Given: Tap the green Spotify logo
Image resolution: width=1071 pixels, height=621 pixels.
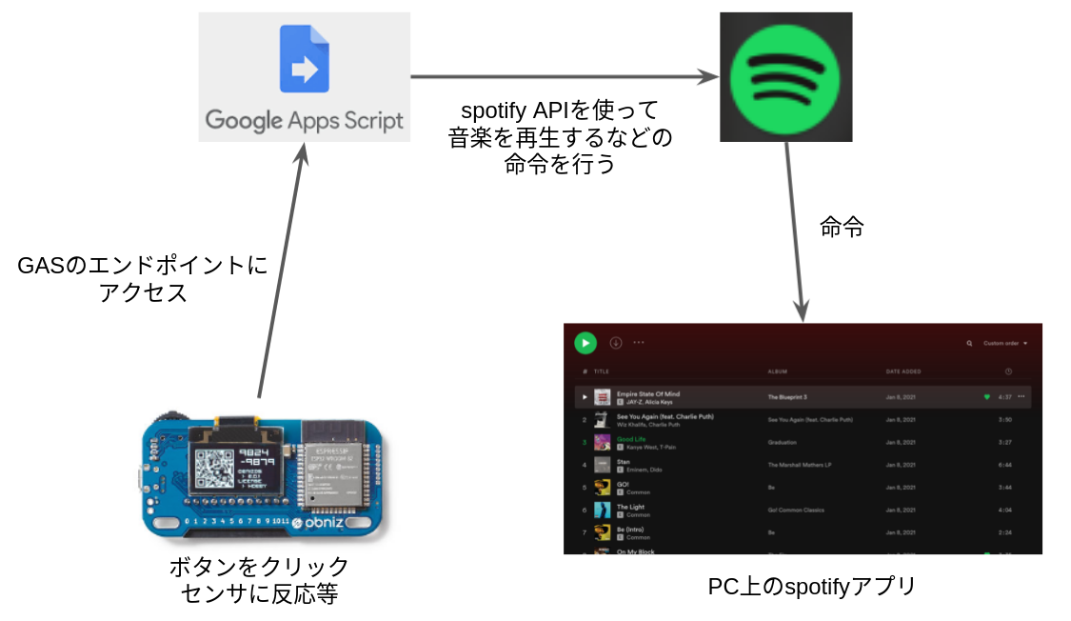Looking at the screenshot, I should pos(785,77).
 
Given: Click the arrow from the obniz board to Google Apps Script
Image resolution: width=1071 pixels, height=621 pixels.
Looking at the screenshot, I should pos(281,267).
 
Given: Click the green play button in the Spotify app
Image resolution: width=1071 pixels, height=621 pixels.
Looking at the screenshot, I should pos(585,342).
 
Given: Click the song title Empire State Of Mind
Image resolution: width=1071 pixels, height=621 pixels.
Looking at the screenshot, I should pos(648,393).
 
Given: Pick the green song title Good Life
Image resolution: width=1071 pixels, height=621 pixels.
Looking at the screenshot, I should pos(631,439).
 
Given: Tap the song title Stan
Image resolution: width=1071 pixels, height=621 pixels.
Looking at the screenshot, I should pos(624,462).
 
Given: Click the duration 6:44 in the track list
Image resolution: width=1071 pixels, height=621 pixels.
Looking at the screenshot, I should pos(1005,466).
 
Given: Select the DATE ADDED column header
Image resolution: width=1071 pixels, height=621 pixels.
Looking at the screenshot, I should pos(903,371).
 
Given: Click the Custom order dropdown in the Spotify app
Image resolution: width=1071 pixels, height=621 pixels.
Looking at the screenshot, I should pos(1005,343).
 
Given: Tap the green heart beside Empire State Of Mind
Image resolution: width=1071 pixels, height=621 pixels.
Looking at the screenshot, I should pos(987,396).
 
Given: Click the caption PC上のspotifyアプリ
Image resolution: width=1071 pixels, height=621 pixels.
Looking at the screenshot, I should pos(812,586).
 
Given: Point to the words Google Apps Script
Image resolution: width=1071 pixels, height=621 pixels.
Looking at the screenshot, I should pos(305,121).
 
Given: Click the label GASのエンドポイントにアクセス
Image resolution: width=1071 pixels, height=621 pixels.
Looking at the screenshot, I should pos(143,279).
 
